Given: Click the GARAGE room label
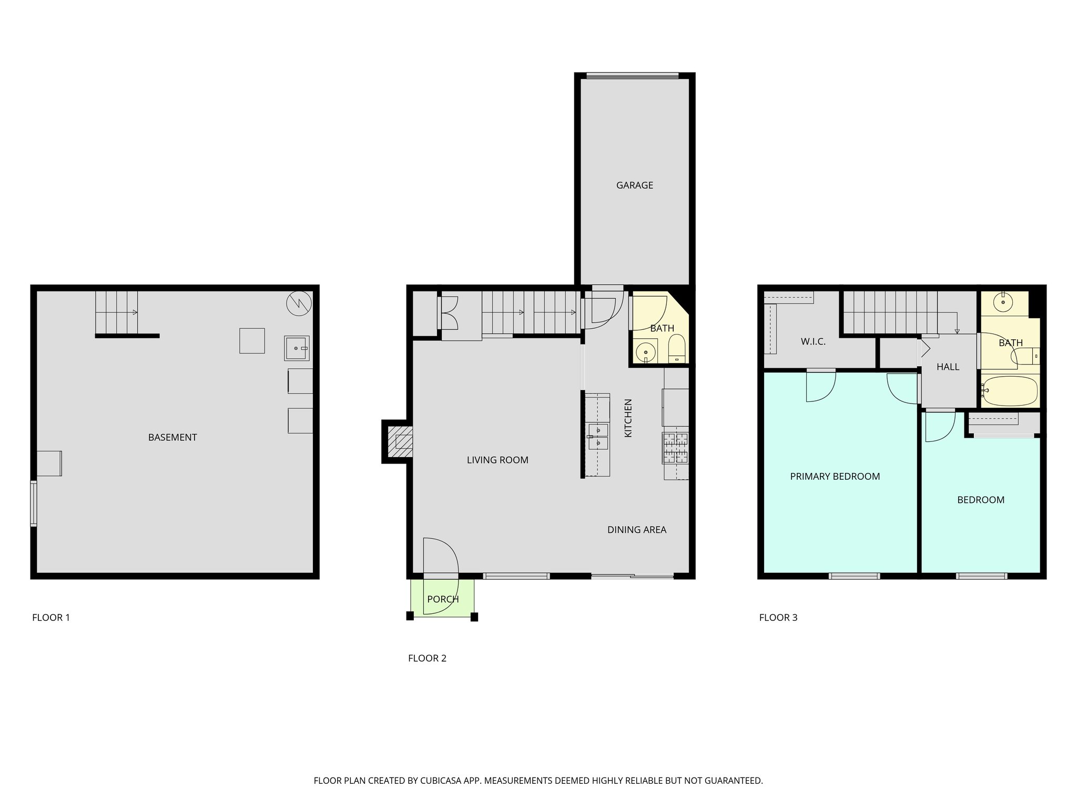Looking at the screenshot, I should pos(634,185).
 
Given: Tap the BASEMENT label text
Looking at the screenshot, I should pos(172,437).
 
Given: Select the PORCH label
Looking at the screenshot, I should pos(443,599).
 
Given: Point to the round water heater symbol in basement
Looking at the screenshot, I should pos(299,304).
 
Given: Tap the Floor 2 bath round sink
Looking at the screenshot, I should pos(646,352).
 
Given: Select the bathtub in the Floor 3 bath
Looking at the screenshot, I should pos(1010,391).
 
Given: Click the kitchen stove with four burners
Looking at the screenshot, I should pos(675,448).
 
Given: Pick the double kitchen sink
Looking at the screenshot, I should pos(598,437).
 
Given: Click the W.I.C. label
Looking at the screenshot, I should pos(813,342).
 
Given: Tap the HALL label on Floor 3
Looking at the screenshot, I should pos(948,367).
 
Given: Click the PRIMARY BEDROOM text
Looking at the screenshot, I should pos(835,477).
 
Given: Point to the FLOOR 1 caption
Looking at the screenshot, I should pos(51,618).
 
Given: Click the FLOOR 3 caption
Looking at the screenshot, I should pos(778,618).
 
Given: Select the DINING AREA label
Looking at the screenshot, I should pos(636,530).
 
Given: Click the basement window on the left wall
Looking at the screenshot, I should pos(33,503).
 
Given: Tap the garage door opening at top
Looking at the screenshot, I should pos(633,76).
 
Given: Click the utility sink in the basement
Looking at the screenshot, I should pos(297,348).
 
